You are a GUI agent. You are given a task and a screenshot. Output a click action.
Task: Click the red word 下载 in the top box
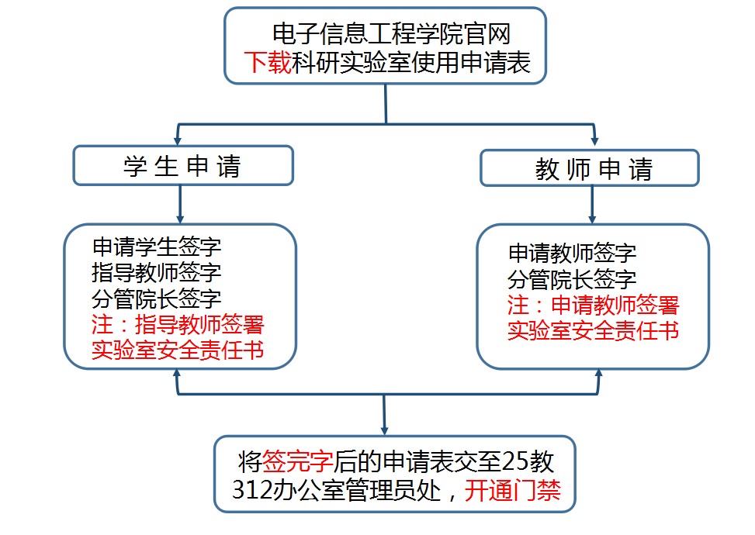click(268, 61)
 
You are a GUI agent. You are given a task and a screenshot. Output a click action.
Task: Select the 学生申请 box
click(183, 166)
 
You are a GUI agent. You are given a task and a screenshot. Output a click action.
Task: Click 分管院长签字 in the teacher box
click(572, 278)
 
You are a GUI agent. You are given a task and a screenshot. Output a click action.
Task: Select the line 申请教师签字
click(572, 253)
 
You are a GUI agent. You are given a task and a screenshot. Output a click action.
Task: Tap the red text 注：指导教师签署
click(183, 323)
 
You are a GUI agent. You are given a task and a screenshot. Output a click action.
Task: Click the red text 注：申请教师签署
click(594, 304)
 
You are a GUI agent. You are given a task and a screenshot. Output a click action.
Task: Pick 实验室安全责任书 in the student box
click(178, 349)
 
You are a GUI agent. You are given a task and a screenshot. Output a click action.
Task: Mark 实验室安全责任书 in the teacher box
click(594, 330)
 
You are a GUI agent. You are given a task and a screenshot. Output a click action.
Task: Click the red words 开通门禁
click(513, 491)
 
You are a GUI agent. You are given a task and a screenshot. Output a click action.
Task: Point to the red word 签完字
click(298, 461)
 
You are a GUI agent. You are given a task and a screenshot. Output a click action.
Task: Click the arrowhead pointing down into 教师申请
click(594, 142)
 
